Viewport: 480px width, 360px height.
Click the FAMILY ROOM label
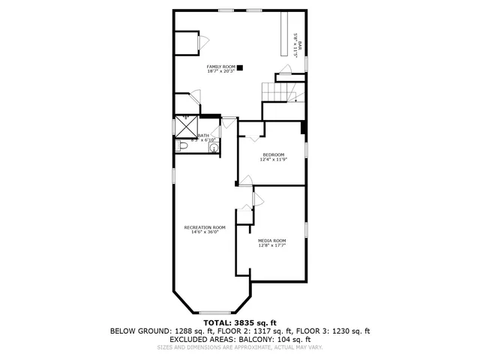(x=221, y=67)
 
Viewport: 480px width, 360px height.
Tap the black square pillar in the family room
(x=240, y=67)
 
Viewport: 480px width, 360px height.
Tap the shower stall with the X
(x=185, y=125)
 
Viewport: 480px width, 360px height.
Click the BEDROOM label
(x=273, y=154)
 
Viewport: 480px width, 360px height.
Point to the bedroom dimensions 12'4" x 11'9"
(x=273, y=160)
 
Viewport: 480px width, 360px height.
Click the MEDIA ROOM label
(x=272, y=240)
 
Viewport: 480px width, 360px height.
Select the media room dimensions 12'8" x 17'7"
(x=272, y=245)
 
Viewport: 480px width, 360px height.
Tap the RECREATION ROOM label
(x=205, y=227)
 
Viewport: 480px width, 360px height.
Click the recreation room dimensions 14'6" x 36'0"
(x=205, y=232)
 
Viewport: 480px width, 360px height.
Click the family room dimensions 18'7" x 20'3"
(x=221, y=72)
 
